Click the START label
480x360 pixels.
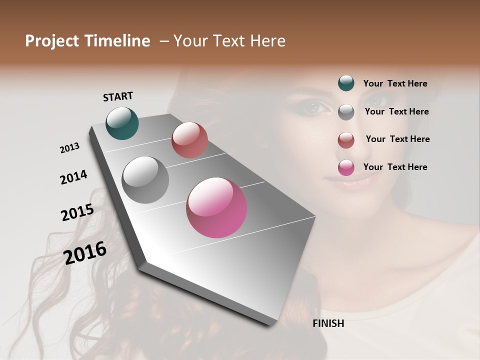(118, 96)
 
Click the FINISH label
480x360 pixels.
(328, 323)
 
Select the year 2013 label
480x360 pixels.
(70, 148)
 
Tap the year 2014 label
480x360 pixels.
(74, 177)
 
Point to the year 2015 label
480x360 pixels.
(77, 212)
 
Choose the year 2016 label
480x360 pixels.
(85, 252)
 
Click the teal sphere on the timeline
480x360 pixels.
(122, 123)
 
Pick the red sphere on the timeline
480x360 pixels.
(189, 140)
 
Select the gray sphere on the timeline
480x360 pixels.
(145, 180)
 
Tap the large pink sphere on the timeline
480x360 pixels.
(216, 207)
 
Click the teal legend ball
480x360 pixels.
(346, 83)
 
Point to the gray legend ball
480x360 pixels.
(346, 112)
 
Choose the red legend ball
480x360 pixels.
(346, 140)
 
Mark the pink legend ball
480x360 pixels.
(346, 167)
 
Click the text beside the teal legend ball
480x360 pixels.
(395, 83)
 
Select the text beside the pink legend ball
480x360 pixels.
(395, 167)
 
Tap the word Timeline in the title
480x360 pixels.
(118, 41)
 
